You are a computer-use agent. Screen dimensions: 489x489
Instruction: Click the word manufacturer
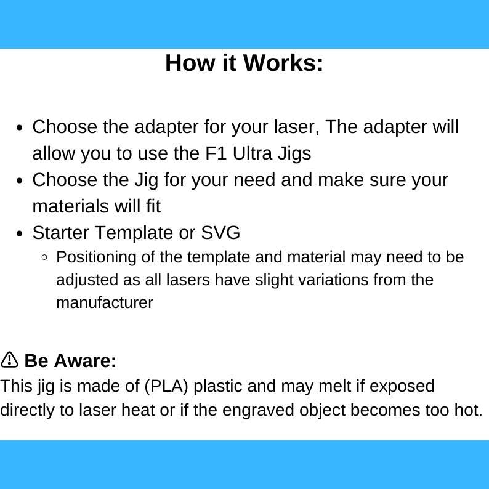pyautogui.click(x=104, y=302)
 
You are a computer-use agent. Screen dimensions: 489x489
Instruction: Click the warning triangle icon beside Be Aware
pyautogui.click(x=9, y=360)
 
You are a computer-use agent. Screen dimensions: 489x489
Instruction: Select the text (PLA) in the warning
pyautogui.click(x=167, y=386)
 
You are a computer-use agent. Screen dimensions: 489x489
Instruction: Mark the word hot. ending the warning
pyautogui.click(x=469, y=410)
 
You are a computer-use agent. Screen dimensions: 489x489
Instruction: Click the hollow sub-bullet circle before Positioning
pyautogui.click(x=44, y=257)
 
